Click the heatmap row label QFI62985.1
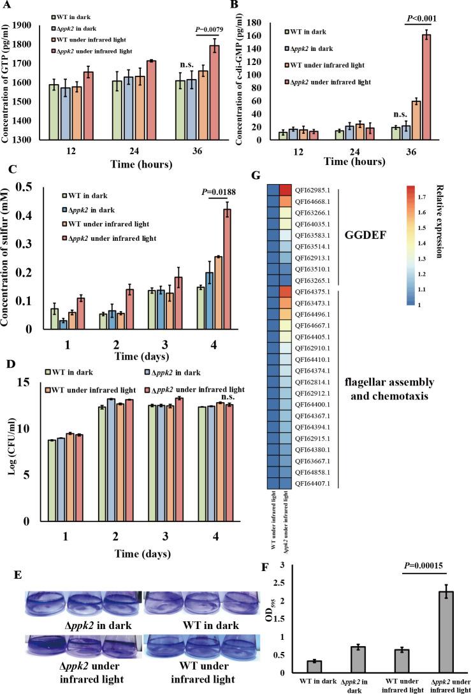[x=312, y=189]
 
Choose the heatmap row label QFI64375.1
[x=312, y=291]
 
